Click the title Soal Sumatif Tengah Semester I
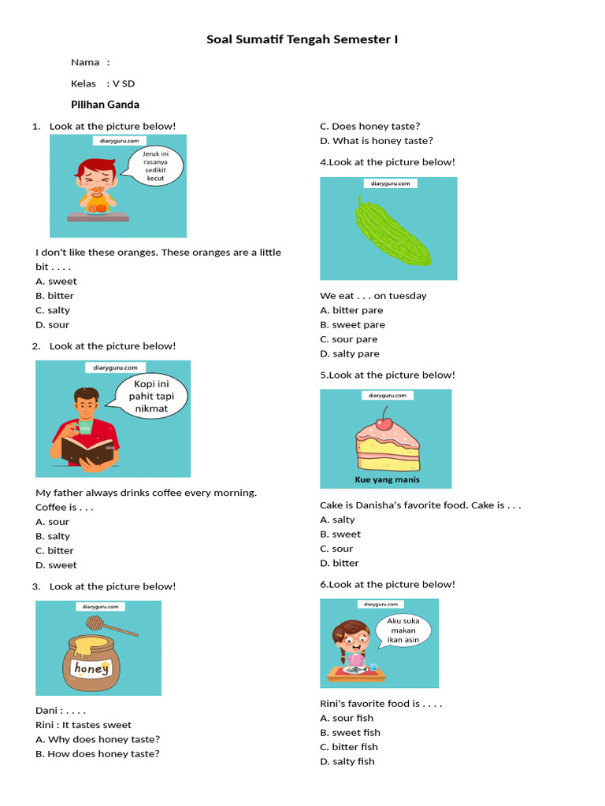pos(302,39)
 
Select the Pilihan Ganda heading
pos(105,104)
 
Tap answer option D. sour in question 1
pos(52,324)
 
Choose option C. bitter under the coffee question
pos(54,550)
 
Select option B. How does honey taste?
pos(97,753)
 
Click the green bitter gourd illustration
pos(392,232)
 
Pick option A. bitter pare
pos(351,310)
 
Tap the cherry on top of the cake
pos(384,423)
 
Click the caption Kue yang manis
pos(386,479)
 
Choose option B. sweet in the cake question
pos(340,534)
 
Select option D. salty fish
pos(347,761)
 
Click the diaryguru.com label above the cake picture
pos(385,396)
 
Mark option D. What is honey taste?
pos(376,141)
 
